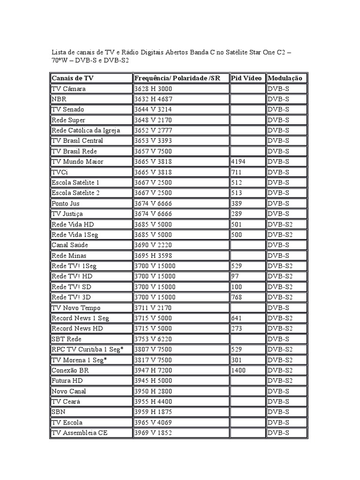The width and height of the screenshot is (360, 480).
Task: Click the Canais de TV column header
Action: click(x=73, y=78)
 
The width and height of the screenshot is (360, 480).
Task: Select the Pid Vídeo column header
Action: click(x=246, y=78)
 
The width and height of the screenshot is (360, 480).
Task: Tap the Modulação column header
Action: click(x=285, y=78)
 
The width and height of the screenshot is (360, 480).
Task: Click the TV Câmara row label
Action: click(x=69, y=89)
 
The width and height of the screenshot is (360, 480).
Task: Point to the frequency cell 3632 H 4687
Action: click(x=153, y=99)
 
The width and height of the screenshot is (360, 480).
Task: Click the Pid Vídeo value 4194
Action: click(x=239, y=162)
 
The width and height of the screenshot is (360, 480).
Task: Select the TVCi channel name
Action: click(x=60, y=172)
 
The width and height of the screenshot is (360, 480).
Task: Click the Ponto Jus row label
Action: click(x=66, y=203)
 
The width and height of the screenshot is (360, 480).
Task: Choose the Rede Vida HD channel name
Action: click(x=73, y=224)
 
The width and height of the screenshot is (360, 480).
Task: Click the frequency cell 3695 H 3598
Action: click(x=153, y=255)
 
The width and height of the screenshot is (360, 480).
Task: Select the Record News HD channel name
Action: click(x=77, y=329)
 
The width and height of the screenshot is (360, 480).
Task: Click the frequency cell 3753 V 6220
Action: click(x=153, y=339)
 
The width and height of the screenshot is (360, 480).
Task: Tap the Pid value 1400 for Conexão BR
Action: click(x=239, y=370)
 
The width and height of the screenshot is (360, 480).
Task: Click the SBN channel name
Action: click(x=59, y=412)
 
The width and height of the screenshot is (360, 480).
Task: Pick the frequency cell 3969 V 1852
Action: click(x=153, y=433)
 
